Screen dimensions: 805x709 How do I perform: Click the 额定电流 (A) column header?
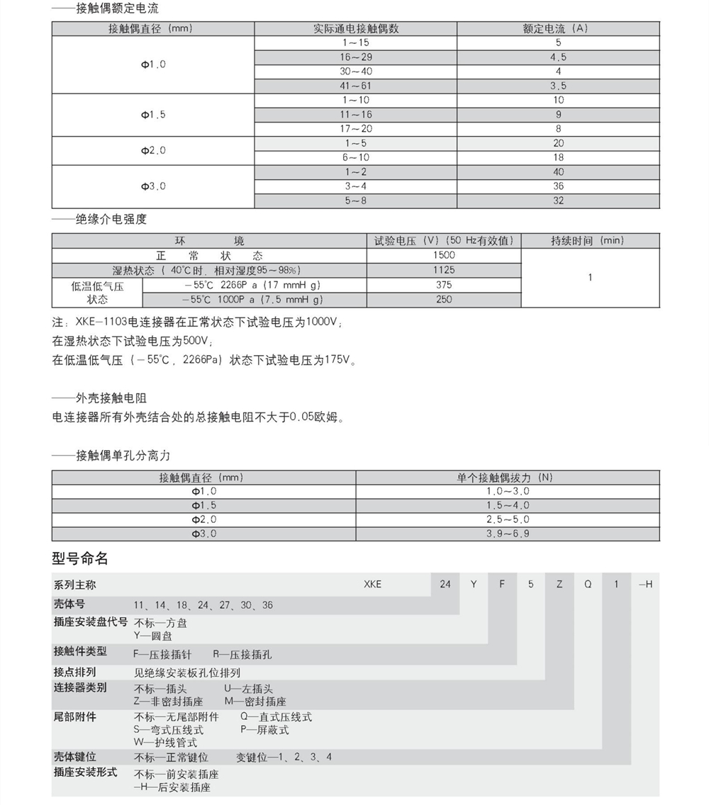pos(558,28)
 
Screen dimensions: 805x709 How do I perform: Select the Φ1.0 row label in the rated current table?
pos(153,64)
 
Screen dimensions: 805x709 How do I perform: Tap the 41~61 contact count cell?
pos(355,86)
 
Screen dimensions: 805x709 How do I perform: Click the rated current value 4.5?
pos(558,57)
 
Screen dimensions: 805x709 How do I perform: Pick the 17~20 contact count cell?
pos(355,129)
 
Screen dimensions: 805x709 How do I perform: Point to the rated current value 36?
pos(558,186)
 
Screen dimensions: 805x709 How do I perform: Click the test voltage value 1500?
pos(444,255)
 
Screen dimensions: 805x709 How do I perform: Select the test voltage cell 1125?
pos(444,270)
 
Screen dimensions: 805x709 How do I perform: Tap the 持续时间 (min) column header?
pos(590,241)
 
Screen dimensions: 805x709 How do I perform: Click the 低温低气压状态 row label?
pos(97,293)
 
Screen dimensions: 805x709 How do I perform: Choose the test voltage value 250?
pos(444,300)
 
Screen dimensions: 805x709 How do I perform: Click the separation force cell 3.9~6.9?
pos(508,534)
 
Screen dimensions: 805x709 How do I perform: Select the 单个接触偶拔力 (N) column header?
pos(508,478)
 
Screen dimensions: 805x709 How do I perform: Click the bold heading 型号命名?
pos(80,558)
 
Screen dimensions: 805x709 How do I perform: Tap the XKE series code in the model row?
pos(372,585)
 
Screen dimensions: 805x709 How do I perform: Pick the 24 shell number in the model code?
pos(445,585)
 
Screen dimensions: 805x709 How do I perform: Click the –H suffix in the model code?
pos(645,585)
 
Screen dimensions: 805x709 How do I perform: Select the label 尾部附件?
pos(75,717)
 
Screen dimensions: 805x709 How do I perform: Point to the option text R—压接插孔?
pos(242,655)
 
